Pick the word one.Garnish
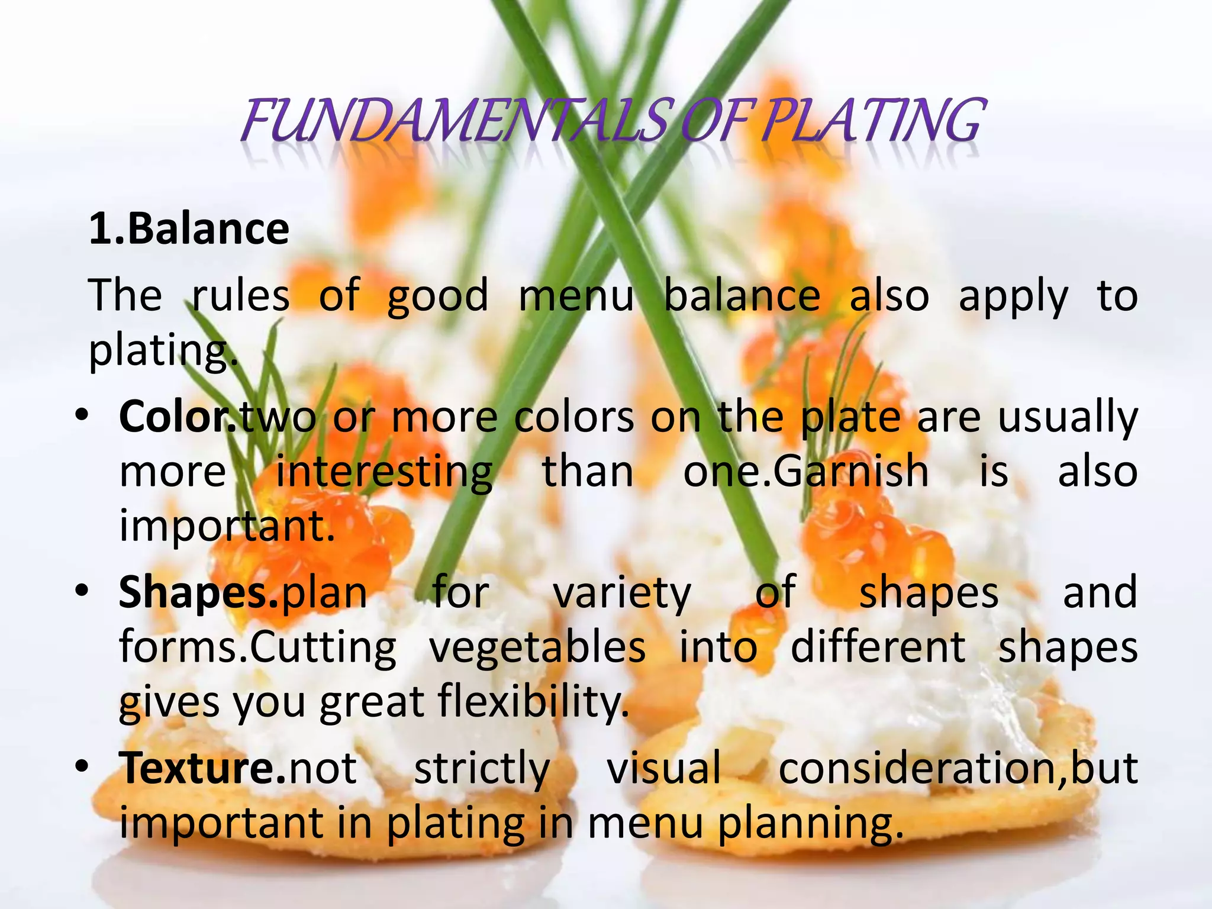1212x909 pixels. [x=806, y=472]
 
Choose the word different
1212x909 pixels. [x=878, y=647]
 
